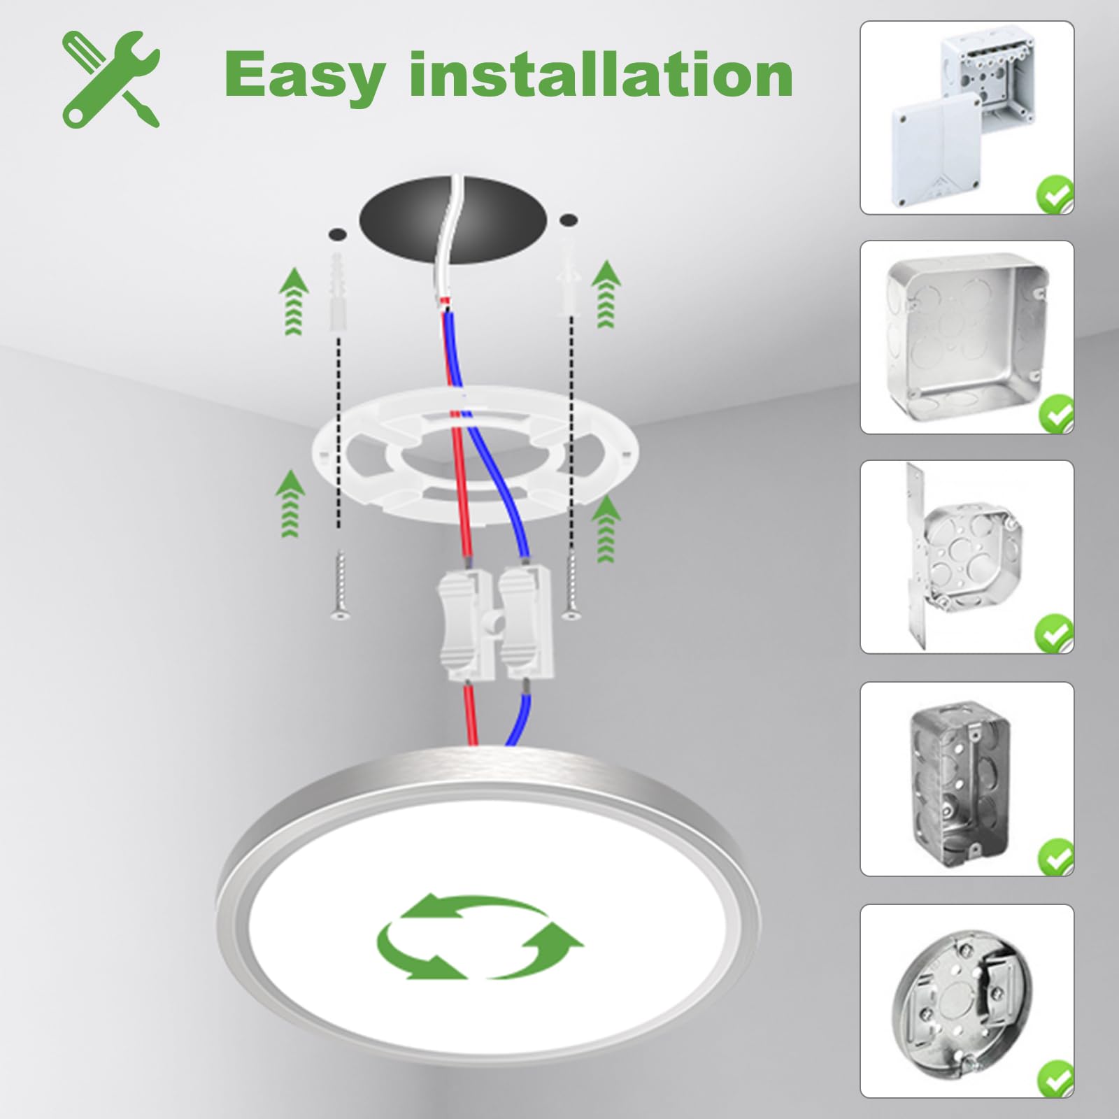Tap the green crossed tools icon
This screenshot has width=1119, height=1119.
coord(111,78)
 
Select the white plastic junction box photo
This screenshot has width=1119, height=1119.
coord(967,117)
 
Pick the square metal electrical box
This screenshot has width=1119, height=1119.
coord(967,337)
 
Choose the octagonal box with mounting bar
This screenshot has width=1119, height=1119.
coord(967,557)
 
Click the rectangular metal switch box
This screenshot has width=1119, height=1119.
coord(967,779)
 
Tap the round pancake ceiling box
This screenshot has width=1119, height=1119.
coord(967,1001)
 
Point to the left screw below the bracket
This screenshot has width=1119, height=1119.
coord(339,585)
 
